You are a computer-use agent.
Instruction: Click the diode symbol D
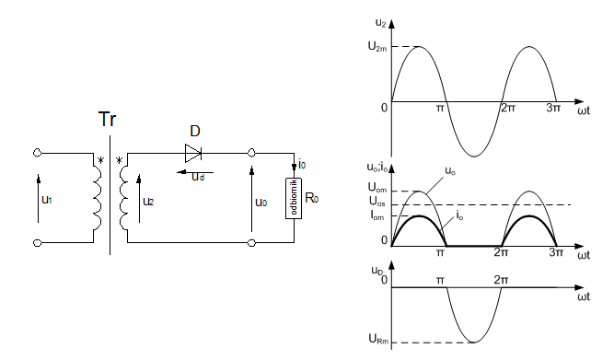[193, 153]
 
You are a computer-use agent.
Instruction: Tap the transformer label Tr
[107, 119]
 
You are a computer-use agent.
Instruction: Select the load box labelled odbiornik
[294, 198]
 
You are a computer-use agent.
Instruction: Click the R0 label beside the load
[312, 198]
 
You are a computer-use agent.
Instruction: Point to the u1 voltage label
[47, 200]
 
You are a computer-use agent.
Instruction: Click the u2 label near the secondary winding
[148, 202]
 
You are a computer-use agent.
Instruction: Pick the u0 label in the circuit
[261, 203]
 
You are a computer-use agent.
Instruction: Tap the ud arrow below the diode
[195, 172]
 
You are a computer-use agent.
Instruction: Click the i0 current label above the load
[302, 164]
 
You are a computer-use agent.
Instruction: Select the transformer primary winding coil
[97, 198]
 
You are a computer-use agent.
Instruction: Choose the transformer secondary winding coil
[123, 198]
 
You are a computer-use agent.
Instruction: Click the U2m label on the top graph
[377, 47]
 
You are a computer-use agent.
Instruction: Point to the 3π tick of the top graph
[553, 108]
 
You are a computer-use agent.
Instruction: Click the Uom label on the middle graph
[377, 188]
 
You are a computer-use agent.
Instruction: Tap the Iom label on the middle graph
[377, 215]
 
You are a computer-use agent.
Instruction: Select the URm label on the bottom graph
[379, 339]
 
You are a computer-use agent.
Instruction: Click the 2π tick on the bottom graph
[501, 280]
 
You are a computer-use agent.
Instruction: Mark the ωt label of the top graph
[584, 110]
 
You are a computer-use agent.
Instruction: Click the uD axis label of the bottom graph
[377, 271]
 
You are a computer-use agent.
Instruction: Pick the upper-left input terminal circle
[37, 153]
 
